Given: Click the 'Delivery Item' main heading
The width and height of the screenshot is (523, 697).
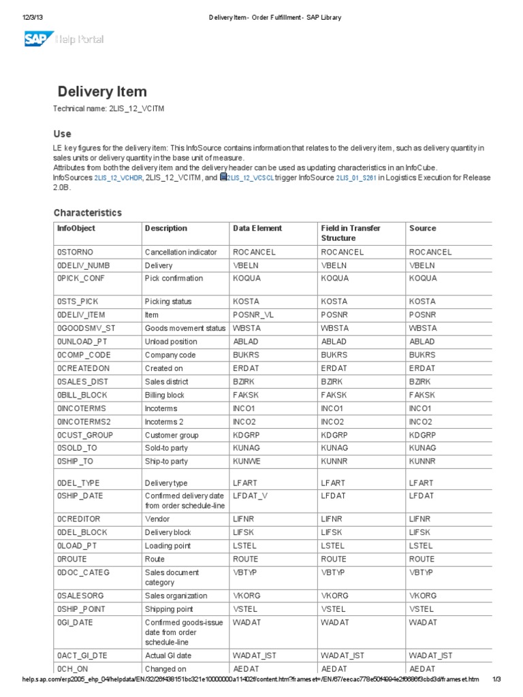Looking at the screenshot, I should pos(101,91).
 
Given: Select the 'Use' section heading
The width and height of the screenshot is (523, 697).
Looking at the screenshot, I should pos(62,133).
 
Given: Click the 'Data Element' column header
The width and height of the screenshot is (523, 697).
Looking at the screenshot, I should pos(257,228).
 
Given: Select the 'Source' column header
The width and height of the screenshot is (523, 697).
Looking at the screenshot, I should pos(422,228).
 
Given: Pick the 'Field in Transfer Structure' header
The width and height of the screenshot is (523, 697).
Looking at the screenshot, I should pos(350,233).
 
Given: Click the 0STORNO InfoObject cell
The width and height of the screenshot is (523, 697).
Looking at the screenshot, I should pos(75,252).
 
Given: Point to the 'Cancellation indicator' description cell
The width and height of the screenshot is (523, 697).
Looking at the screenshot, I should pos(180,252).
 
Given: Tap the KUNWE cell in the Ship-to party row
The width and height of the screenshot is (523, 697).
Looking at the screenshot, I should pos(247,461).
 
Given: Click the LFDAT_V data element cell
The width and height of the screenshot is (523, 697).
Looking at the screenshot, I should pos(251,496).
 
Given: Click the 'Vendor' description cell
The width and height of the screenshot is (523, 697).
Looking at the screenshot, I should pos(157,519).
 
